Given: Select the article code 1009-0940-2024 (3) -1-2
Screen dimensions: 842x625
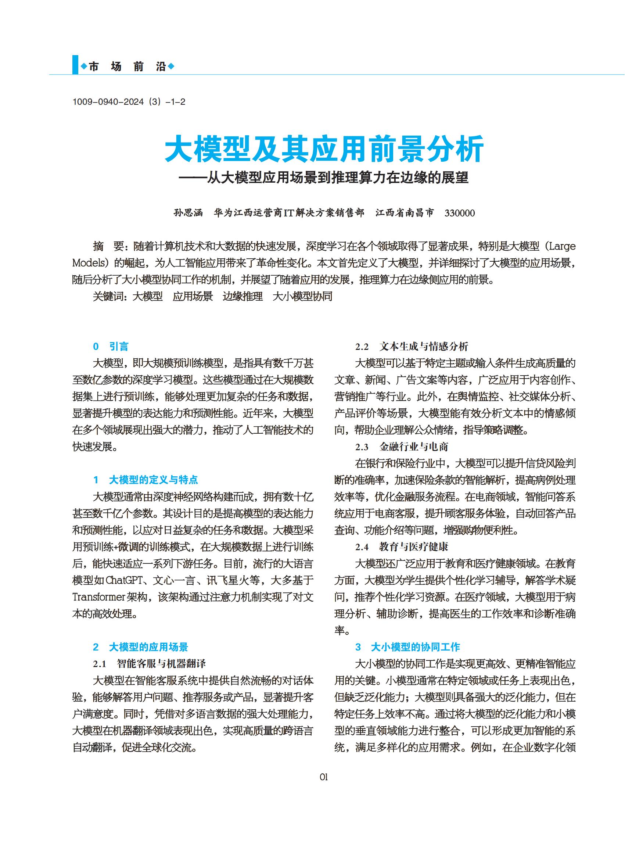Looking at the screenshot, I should pyautogui.click(x=129, y=102).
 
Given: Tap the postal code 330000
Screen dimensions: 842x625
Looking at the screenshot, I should pyautogui.click(x=459, y=213).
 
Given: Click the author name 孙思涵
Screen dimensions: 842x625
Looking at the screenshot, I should pyautogui.click(x=188, y=213).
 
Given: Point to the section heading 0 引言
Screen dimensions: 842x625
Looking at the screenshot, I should pyautogui.click(x=111, y=346).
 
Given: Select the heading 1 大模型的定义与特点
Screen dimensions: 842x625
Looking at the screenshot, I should pyautogui.click(x=146, y=480).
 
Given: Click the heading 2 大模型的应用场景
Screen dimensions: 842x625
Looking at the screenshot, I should pyautogui.click(x=141, y=647).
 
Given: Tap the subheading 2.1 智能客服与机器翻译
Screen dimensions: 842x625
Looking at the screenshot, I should pyautogui.click(x=150, y=664).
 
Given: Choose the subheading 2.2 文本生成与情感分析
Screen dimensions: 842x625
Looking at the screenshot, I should pyautogui.click(x=412, y=346).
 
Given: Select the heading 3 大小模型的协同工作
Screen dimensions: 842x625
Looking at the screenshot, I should pyautogui.click(x=407, y=647).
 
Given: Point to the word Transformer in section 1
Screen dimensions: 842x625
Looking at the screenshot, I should pyautogui.click(x=99, y=597).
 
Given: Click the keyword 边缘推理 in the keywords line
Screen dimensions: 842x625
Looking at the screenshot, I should pyautogui.click(x=243, y=296).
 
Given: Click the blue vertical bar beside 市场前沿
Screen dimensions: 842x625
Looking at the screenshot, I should pyautogui.click(x=75, y=65).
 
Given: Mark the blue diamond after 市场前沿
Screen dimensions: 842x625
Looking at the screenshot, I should pyautogui.click(x=170, y=67).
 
